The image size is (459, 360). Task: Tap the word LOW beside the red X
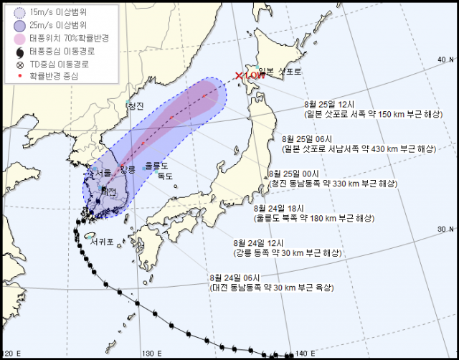[x=252, y=75]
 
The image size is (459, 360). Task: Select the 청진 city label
[x=135, y=106]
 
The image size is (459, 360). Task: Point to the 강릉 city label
[x=127, y=169]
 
